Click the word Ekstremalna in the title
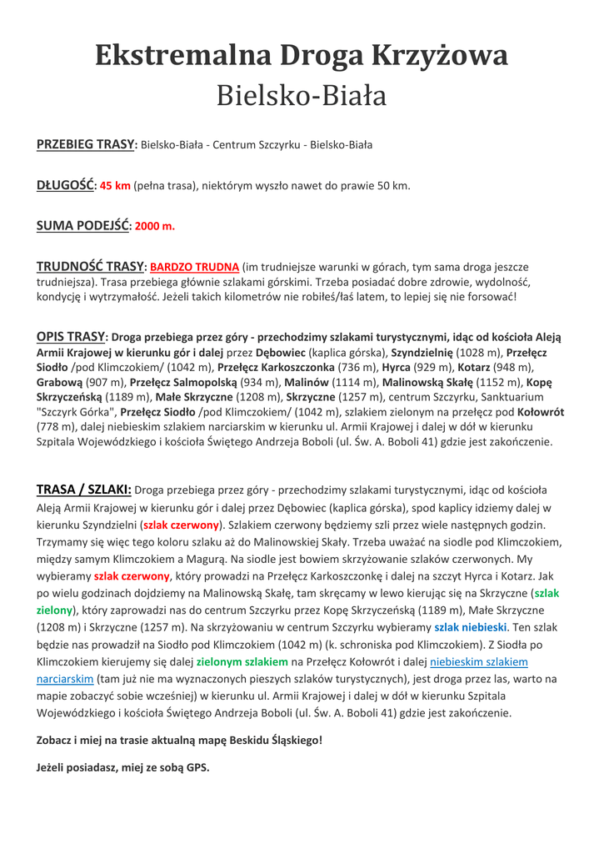pyautogui.click(x=183, y=55)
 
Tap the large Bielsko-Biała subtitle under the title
pyautogui.click(x=302, y=96)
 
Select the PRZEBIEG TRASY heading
pyautogui.click(x=86, y=144)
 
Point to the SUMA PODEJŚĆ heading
pyautogui.click(x=82, y=225)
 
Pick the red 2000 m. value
pyautogui.click(x=155, y=226)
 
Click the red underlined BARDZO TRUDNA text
pyautogui.click(x=194, y=267)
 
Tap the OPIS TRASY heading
pyautogui.click(x=70, y=337)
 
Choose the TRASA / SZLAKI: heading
pyautogui.click(x=83, y=490)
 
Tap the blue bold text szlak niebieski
pyautogui.click(x=470, y=626)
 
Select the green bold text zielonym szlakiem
pyautogui.click(x=242, y=661)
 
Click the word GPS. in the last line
pyautogui.click(x=197, y=767)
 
